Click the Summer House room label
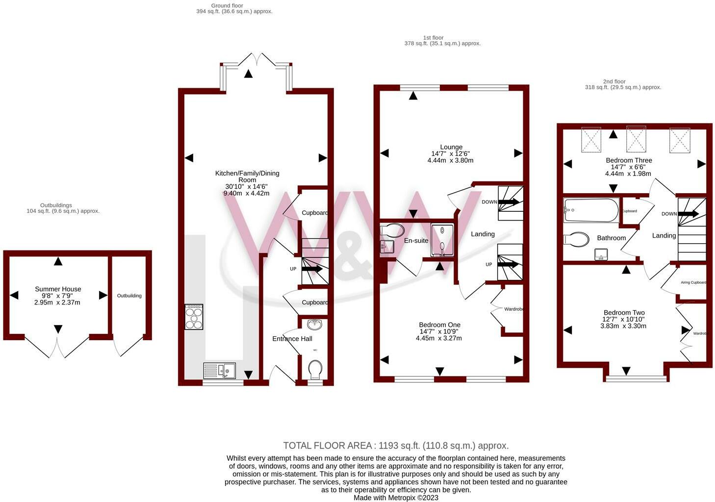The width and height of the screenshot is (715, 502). click(x=58, y=289)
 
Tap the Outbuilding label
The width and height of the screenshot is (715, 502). click(x=129, y=296)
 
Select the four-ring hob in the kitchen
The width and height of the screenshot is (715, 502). click(x=194, y=317)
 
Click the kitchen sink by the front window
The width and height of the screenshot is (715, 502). click(x=219, y=370)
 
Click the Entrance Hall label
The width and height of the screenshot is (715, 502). click(x=292, y=339)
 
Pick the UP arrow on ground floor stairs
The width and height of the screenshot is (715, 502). click(x=311, y=269)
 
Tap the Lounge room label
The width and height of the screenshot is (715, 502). click(x=451, y=147)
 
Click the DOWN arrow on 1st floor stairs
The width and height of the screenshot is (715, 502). click(x=508, y=201)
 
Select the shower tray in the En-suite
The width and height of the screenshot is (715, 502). click(x=442, y=240)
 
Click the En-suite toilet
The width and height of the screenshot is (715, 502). click(x=392, y=230)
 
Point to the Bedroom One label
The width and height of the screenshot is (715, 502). click(x=439, y=325)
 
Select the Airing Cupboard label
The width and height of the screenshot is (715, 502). click(x=693, y=282)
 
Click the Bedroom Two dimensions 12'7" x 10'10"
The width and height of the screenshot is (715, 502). click(x=623, y=319)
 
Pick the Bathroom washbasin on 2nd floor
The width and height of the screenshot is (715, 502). click(x=601, y=254)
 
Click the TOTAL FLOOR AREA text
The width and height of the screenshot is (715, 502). click(x=396, y=446)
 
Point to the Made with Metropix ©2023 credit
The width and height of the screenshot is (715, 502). click(x=396, y=498)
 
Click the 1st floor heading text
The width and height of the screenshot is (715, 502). click(x=433, y=38)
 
